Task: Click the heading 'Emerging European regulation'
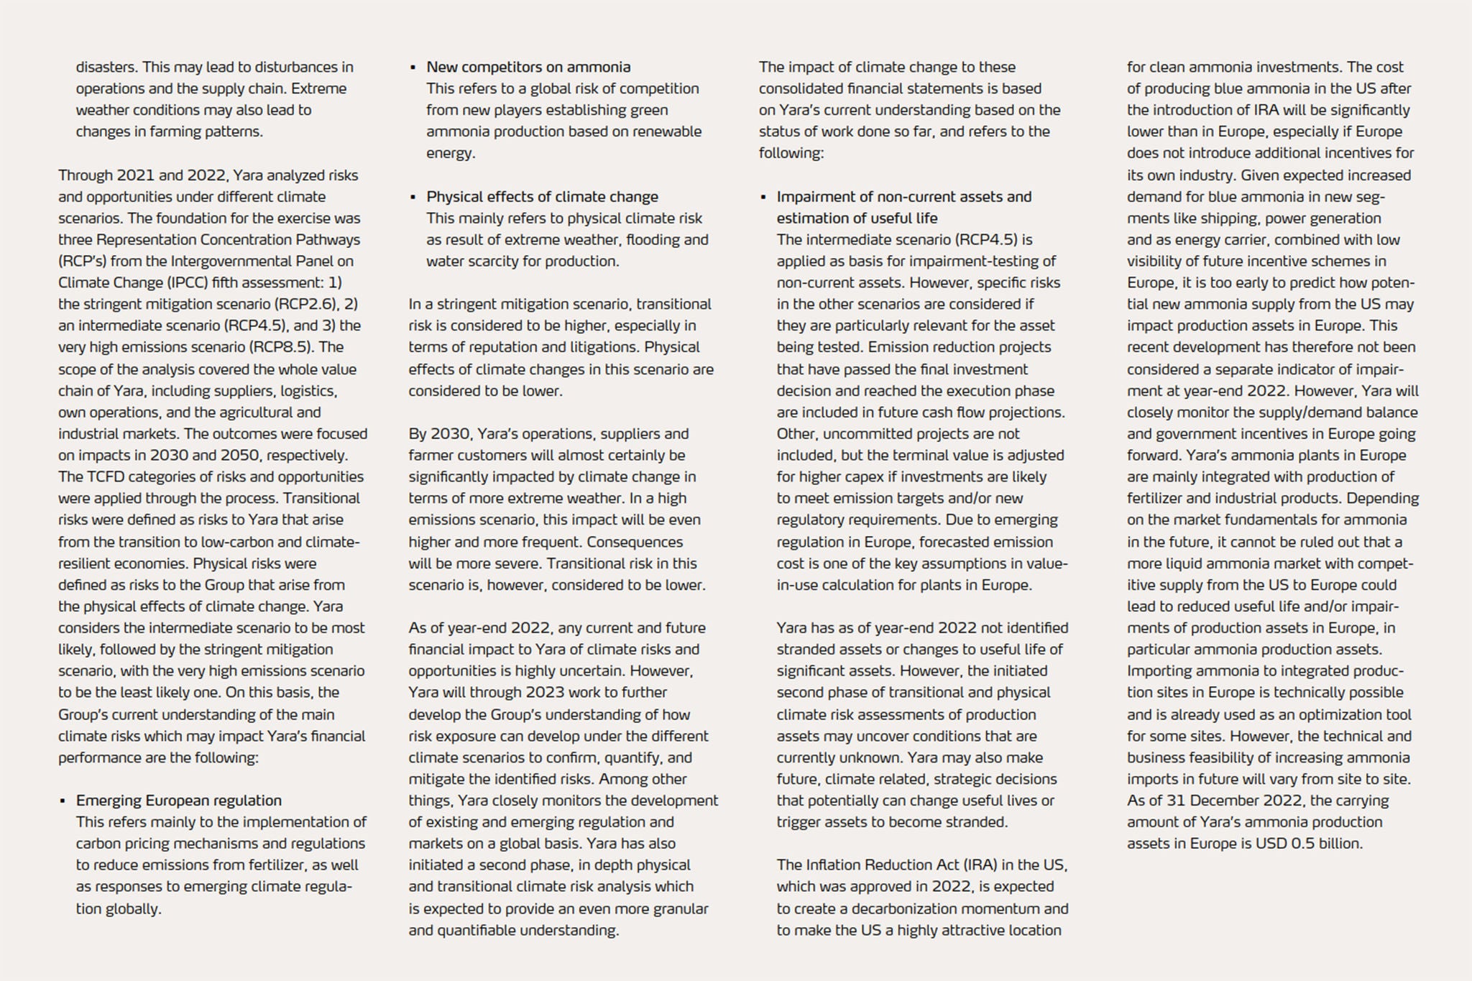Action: (x=178, y=801)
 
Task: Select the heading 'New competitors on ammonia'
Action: (x=528, y=67)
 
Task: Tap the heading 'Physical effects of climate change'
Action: (x=542, y=197)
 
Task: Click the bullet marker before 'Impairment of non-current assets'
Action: (x=763, y=198)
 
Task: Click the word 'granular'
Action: (x=677, y=908)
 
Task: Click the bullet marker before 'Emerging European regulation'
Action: (x=63, y=801)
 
